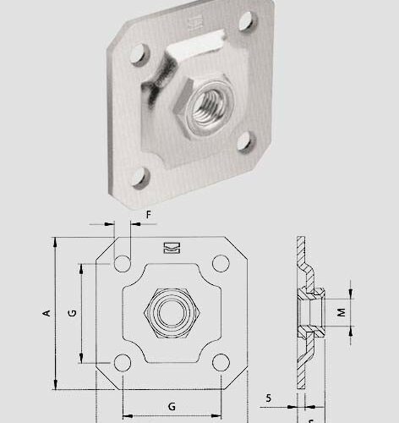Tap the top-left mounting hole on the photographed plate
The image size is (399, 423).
click(134, 58)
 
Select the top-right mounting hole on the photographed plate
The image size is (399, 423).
click(246, 19)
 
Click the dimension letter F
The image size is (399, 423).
click(148, 215)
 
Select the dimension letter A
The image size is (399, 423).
click(47, 313)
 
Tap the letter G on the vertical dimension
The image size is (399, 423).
click(73, 313)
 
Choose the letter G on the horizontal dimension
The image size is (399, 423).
click(172, 406)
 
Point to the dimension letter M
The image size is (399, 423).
click(342, 312)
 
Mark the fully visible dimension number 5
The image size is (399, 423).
click(268, 396)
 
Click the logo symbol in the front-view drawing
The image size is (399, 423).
click(171, 248)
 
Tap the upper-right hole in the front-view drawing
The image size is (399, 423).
click(221, 263)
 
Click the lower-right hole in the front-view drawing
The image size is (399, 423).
click(221, 362)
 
